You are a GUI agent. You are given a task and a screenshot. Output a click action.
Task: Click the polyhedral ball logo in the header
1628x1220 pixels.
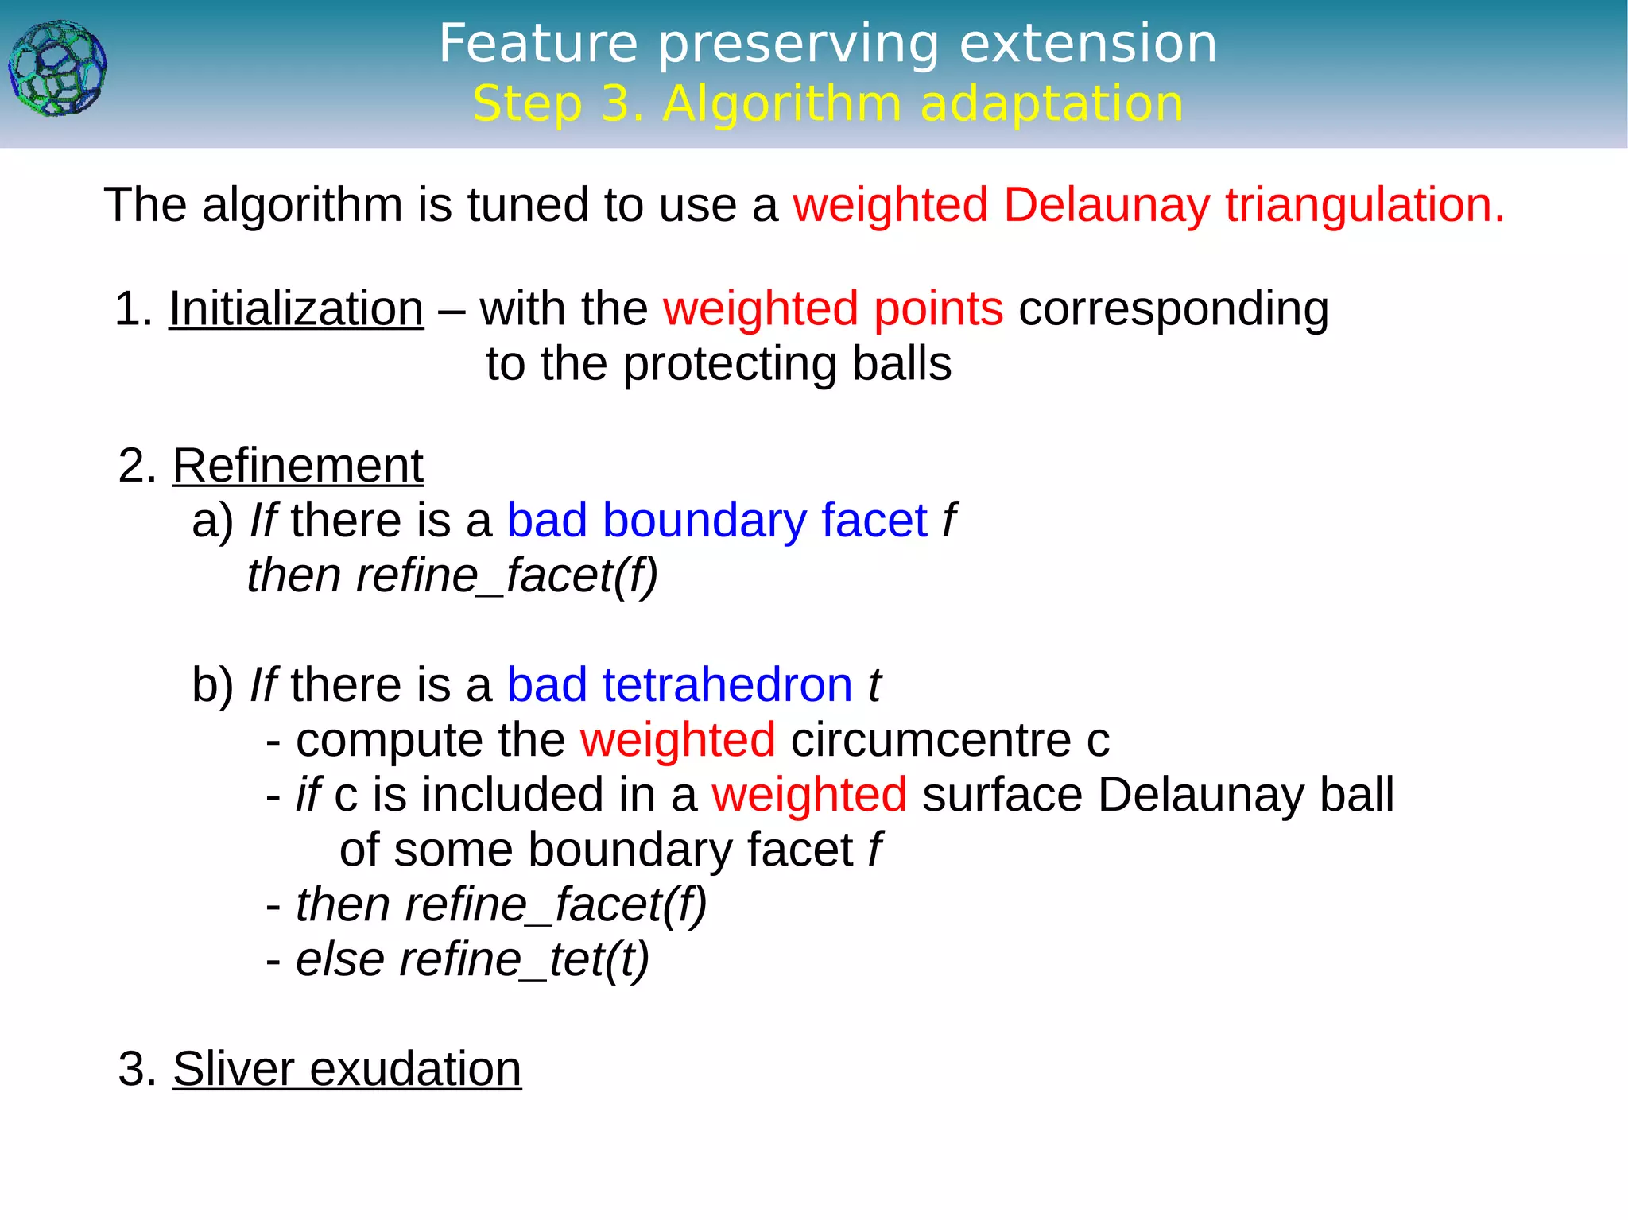pos(57,69)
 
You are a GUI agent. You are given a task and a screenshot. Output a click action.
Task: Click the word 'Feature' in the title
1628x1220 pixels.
pos(538,44)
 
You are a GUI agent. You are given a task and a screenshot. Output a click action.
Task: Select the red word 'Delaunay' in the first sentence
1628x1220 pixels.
pos(1106,205)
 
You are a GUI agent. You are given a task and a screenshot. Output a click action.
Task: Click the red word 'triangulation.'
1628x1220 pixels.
pos(1364,205)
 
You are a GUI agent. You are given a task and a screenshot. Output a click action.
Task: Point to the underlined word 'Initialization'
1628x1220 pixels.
pos(296,309)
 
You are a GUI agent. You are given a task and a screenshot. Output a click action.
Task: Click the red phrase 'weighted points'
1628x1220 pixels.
pos(833,309)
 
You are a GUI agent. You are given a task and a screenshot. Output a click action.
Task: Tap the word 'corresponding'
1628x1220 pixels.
pos(1173,309)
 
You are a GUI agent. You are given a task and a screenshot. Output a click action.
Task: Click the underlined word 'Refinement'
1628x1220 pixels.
pos(297,466)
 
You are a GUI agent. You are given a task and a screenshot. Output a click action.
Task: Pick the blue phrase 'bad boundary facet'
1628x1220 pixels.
pos(717,521)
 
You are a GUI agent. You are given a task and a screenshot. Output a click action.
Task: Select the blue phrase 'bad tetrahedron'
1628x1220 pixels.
pos(680,685)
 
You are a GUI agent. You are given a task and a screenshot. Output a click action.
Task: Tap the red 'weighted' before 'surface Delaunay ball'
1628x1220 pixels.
pos(809,795)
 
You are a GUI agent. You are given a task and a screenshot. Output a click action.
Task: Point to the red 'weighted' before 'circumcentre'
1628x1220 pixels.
pos(677,740)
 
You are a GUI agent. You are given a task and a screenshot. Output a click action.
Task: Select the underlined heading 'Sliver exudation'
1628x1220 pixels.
pos(347,1069)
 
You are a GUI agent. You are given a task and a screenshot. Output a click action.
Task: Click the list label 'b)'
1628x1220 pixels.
pos(212,685)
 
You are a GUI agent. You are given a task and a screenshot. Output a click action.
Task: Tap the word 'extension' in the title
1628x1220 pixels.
pos(1088,44)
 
